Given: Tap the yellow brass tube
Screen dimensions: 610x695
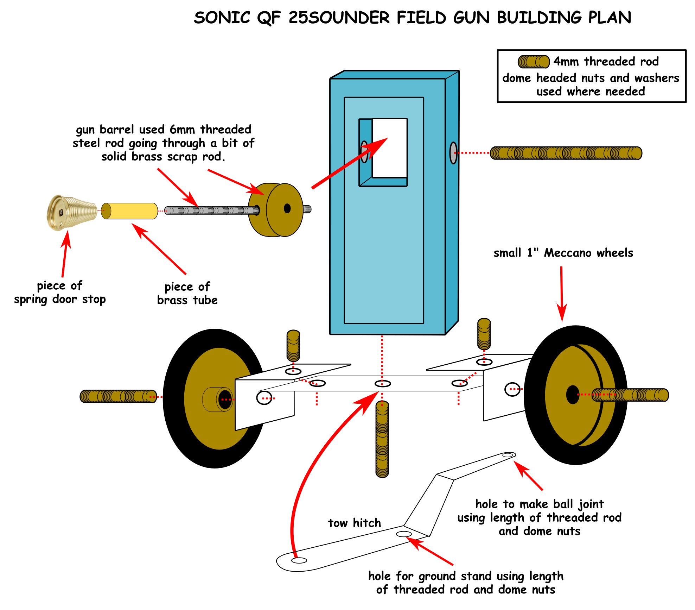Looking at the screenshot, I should click(x=129, y=211).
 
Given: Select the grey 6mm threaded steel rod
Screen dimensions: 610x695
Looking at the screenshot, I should click(x=211, y=210).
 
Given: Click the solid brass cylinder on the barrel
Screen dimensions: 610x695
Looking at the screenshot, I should click(x=276, y=210).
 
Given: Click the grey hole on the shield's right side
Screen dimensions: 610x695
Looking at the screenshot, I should click(x=453, y=153).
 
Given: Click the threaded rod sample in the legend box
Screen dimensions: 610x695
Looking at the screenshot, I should click(x=533, y=62).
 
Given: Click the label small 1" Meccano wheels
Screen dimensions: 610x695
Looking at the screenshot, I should click(x=563, y=253).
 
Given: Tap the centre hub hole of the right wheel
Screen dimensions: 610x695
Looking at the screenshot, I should click(x=572, y=395).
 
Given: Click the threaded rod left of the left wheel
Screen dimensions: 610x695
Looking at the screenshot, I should click(x=118, y=396).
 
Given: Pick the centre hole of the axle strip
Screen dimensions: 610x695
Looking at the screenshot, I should click(x=382, y=384).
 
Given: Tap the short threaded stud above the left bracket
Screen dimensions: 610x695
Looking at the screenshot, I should click(x=293, y=345).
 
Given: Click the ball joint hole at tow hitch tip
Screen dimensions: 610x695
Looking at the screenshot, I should click(x=508, y=455).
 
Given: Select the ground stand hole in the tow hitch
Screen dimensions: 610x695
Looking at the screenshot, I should click(x=403, y=534).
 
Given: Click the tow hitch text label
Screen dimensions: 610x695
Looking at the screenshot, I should click(x=355, y=523).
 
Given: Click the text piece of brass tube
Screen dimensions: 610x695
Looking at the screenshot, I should click(x=187, y=293).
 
